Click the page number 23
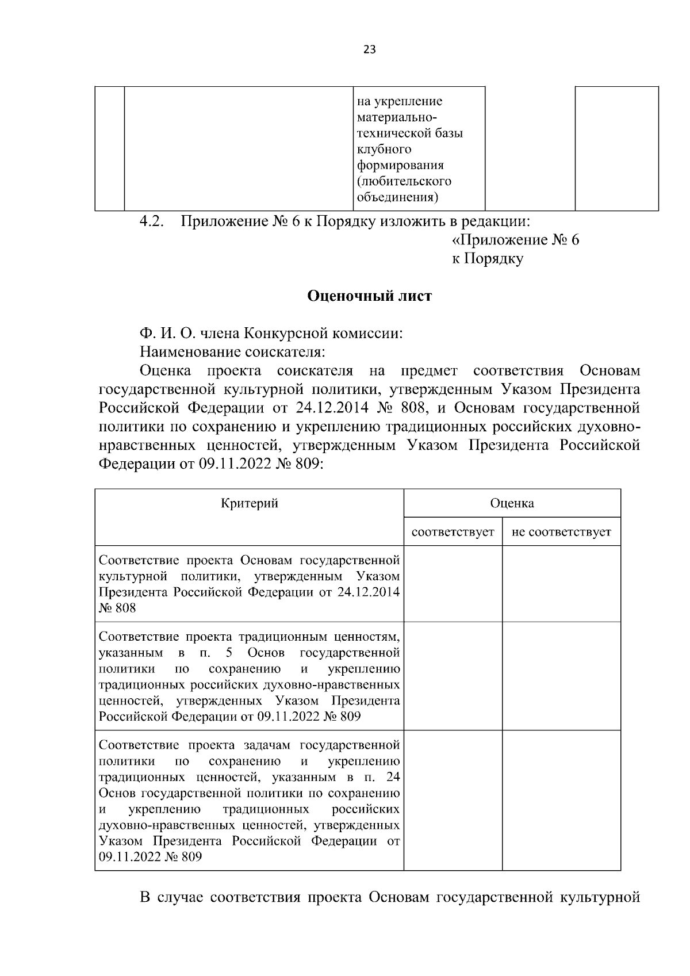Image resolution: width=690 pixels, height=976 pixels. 369,49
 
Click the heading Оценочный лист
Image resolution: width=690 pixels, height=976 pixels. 369,296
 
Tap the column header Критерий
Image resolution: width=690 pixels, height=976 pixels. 250,504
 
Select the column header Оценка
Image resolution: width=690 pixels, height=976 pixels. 512,504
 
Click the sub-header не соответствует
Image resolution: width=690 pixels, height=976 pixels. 561,533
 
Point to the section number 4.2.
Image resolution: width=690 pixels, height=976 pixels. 152,221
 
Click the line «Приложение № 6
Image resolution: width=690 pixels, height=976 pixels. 513,240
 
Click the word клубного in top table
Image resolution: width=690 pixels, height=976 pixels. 384,150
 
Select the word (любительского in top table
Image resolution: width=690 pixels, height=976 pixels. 404,182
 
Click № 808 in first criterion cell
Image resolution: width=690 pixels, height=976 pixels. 118,608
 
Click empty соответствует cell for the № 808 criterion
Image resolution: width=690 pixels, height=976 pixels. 453,584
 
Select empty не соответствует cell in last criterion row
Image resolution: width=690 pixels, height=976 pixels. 561,800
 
